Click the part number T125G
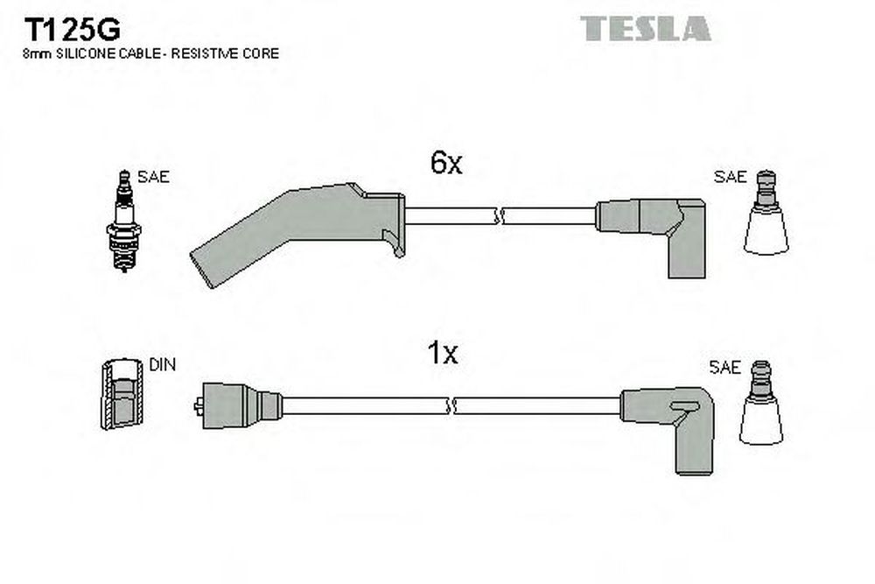pyautogui.click(x=72, y=30)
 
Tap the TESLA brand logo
pyautogui.click(x=645, y=29)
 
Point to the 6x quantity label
pyautogui.click(x=446, y=163)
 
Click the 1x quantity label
pyautogui.click(x=443, y=353)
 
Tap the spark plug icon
pyautogui.click(x=124, y=222)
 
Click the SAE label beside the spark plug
pyautogui.click(x=153, y=177)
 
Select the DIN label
pyautogui.click(x=163, y=364)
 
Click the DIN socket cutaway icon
pyautogui.click(x=122, y=394)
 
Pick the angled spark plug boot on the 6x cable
pyautogui.click(x=297, y=234)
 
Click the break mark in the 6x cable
pyautogui.click(x=500, y=216)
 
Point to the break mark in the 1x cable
pyautogui.click(x=451, y=406)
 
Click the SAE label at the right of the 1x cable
pyautogui.click(x=724, y=368)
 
